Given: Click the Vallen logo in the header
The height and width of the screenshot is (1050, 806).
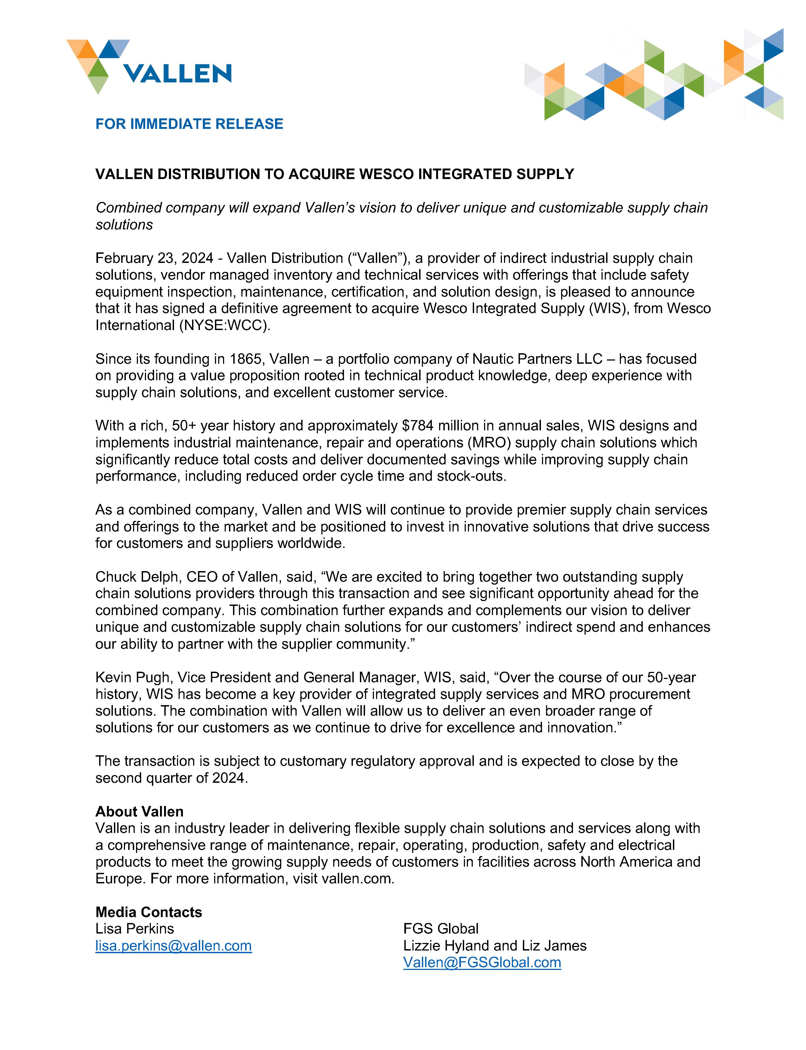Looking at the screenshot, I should (149, 67).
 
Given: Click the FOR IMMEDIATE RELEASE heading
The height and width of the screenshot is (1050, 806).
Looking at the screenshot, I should (189, 124).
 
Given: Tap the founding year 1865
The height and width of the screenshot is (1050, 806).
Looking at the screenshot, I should (246, 359).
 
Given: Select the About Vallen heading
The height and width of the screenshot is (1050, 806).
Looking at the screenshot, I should (139, 811).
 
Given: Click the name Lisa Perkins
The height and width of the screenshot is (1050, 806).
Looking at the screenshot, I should (134, 929).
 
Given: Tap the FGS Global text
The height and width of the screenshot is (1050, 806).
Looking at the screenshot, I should (440, 929).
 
